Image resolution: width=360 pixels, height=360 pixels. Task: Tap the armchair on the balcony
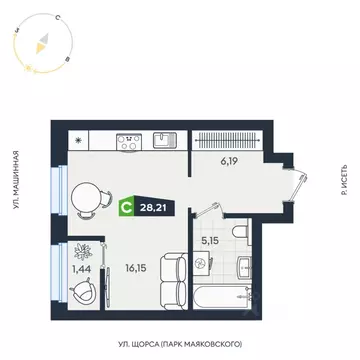click(82, 293)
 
